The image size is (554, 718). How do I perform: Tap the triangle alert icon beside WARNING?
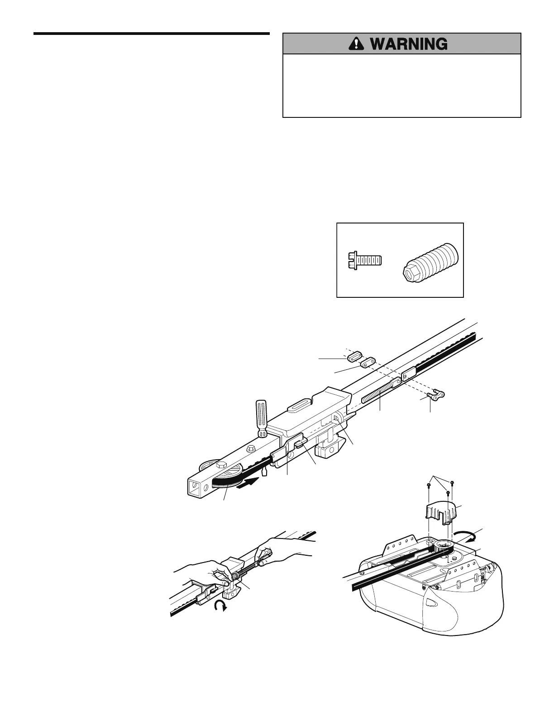[x=358, y=44]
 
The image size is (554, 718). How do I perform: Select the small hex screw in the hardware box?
[x=364, y=260]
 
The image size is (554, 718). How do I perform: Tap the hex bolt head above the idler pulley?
[x=221, y=465]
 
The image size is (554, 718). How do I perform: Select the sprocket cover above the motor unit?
[x=441, y=512]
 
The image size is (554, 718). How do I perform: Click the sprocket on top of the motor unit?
[x=444, y=546]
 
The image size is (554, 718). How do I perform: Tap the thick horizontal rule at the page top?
[x=151, y=34]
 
